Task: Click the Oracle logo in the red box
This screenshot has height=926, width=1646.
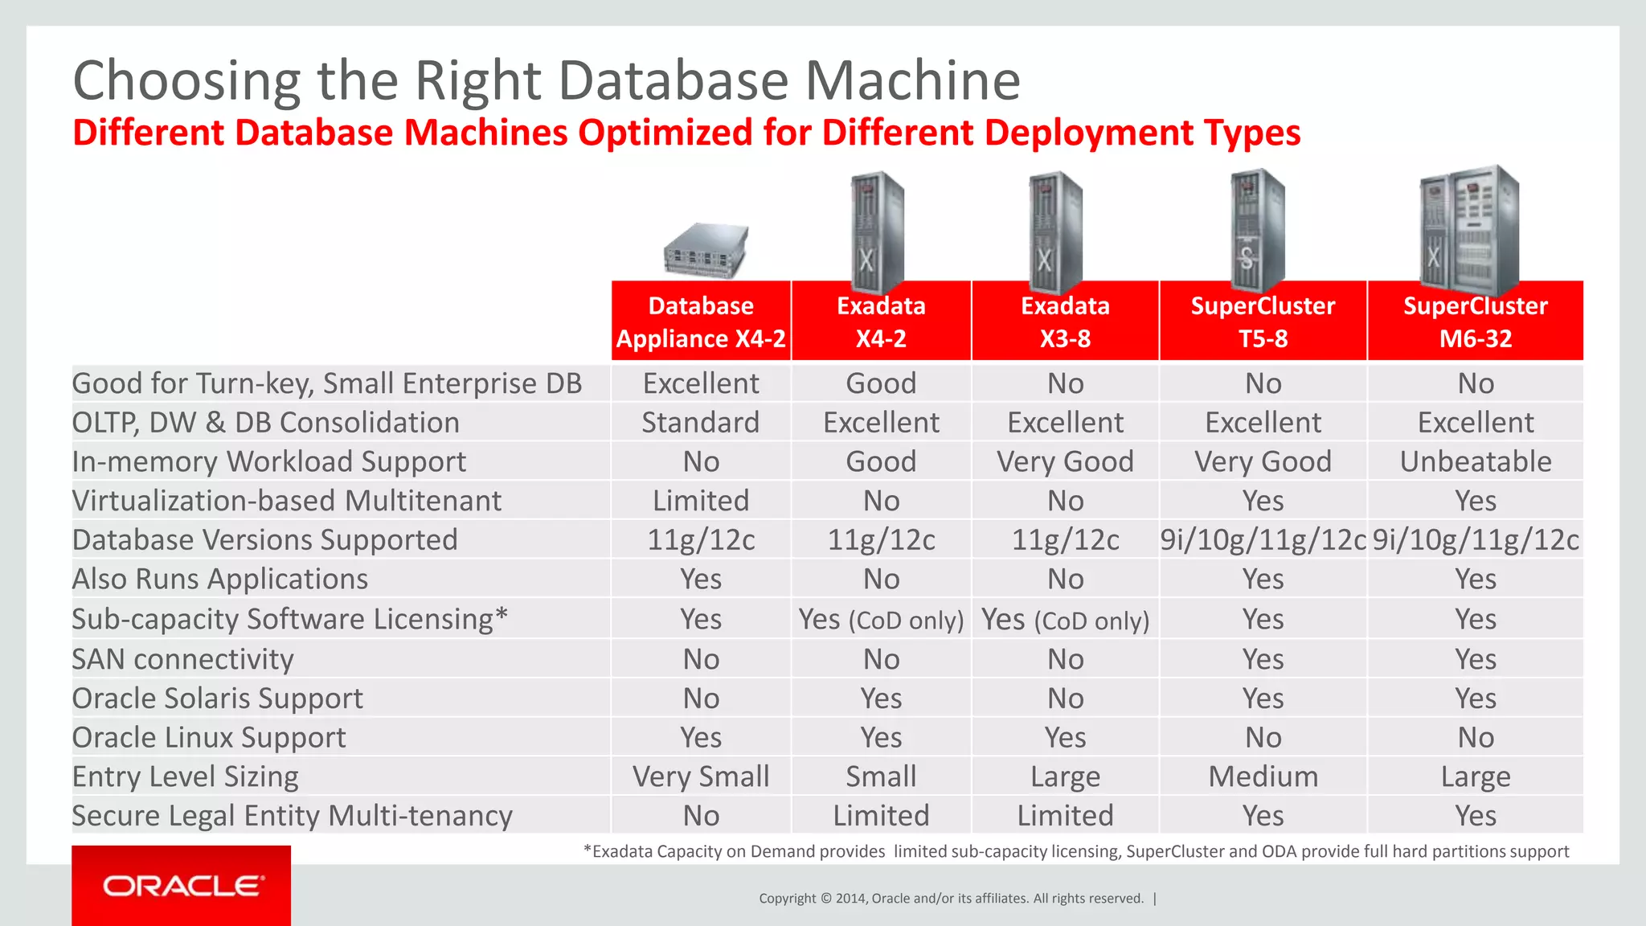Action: coord(182,886)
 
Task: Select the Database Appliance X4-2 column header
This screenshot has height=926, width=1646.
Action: coord(701,322)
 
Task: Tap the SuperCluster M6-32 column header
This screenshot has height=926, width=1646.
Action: coord(1475,322)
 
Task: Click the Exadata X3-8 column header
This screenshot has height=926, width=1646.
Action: coord(1065,322)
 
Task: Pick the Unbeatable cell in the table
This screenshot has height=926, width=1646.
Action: coord(1475,461)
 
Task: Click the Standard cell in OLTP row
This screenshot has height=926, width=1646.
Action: coord(700,423)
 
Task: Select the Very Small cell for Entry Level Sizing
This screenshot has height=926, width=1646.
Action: coord(701,776)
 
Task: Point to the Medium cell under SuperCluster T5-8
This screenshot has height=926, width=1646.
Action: coord(1263,776)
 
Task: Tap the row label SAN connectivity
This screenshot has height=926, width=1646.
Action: coord(183,659)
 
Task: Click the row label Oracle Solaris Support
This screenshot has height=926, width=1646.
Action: coord(218,699)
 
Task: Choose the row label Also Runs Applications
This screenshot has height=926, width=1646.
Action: coord(220,580)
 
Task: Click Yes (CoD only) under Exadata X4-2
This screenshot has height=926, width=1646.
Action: coord(881,620)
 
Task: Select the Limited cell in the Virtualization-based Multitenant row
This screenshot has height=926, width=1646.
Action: coord(701,501)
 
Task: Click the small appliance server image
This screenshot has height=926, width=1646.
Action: coord(706,252)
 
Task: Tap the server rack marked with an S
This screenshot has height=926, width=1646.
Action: coord(1256,231)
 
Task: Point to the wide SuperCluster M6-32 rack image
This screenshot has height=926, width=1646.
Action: coord(1469,230)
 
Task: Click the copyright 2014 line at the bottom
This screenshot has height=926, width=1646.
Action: coord(951,899)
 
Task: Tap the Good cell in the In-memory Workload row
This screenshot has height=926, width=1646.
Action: coord(881,461)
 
